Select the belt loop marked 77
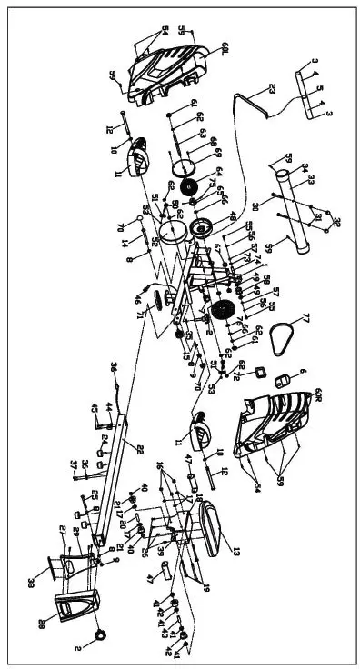[289, 338]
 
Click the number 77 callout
[306, 318]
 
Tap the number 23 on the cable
[271, 89]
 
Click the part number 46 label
[138, 299]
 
